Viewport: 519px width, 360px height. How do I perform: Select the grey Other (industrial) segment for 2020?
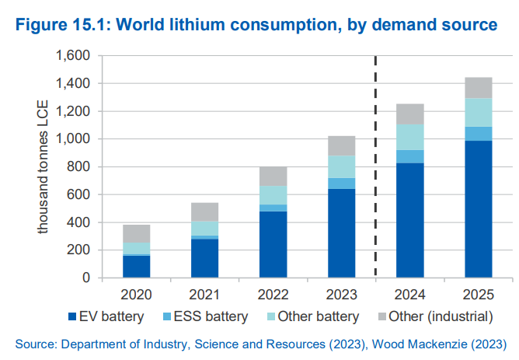click(x=136, y=233)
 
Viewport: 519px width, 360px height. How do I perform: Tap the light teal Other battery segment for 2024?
click(x=409, y=137)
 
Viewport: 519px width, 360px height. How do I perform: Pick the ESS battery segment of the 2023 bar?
click(x=341, y=183)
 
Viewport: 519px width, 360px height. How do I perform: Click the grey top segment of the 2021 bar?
click(x=204, y=211)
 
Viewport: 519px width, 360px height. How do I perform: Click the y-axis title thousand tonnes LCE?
click(x=44, y=167)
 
